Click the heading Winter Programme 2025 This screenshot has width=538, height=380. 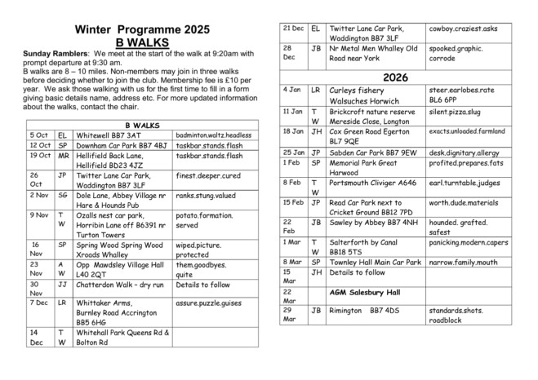click(136, 29)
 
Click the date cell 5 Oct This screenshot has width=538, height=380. click(38, 135)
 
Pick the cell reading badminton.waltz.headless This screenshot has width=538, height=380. click(214, 135)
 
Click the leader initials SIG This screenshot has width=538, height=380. click(63, 196)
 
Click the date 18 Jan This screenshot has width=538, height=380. click(293, 131)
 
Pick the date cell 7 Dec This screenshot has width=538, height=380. click(38, 302)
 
